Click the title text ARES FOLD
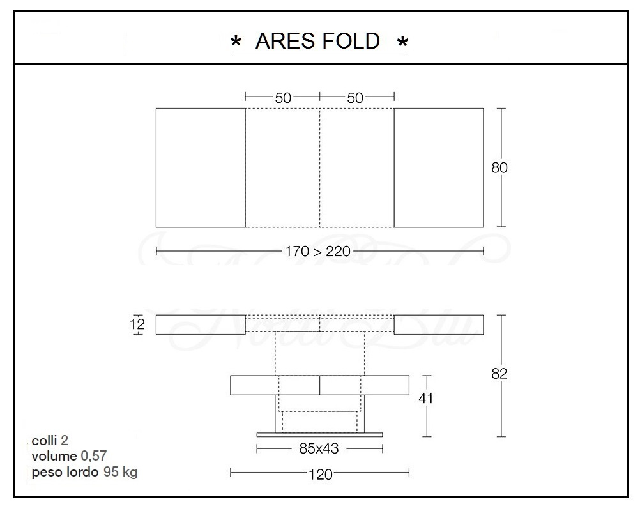click(317, 41)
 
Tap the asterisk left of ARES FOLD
click(236, 43)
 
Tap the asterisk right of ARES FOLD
click(402, 43)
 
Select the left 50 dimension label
click(283, 97)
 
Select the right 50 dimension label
click(356, 97)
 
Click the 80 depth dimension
click(499, 168)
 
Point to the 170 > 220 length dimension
click(319, 251)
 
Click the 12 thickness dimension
click(138, 324)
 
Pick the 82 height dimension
click(499, 374)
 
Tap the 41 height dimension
click(426, 398)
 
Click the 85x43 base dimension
click(319, 448)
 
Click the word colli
click(44, 441)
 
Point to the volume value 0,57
click(94, 456)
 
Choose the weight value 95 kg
click(120, 472)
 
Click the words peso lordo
click(65, 472)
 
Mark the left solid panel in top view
click(201, 167)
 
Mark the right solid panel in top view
click(438, 167)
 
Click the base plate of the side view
click(319, 434)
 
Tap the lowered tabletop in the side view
click(319, 386)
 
